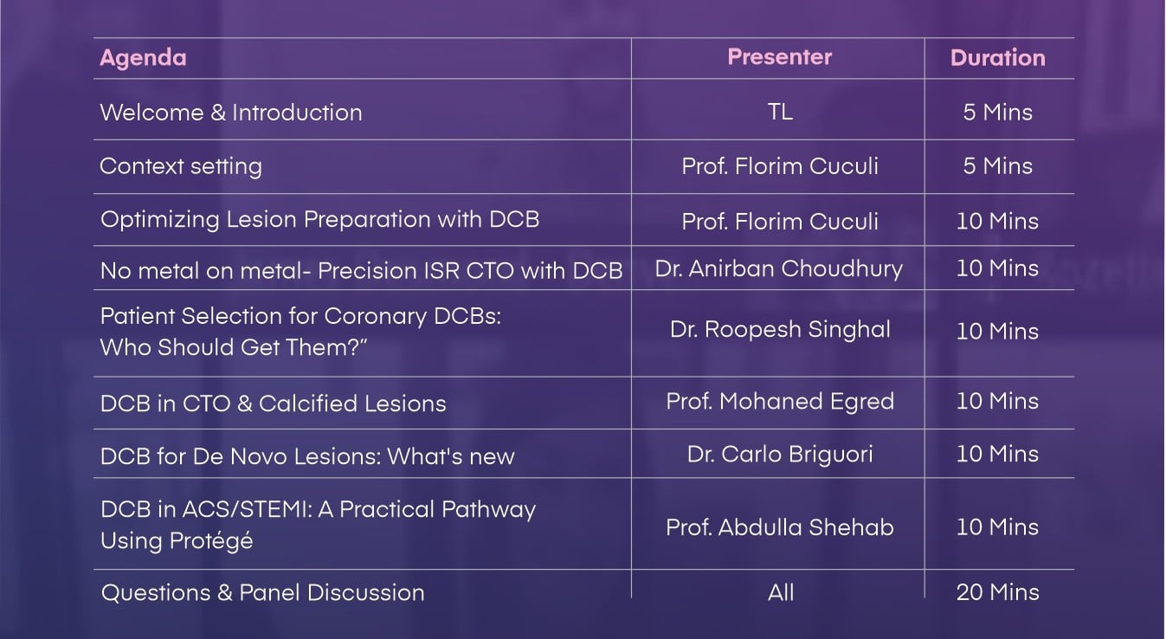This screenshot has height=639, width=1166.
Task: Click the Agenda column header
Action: click(143, 58)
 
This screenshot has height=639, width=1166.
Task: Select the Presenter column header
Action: click(779, 57)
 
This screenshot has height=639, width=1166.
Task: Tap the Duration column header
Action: click(998, 58)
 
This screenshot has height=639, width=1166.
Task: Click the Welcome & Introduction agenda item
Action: click(231, 113)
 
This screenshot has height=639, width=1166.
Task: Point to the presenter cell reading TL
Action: click(780, 112)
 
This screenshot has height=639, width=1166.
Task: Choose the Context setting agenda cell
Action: click(181, 166)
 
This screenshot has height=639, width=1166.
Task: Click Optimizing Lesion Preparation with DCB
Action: click(319, 219)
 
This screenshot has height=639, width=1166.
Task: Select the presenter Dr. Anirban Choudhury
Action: click(779, 268)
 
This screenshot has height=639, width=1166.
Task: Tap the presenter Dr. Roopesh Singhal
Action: click(780, 330)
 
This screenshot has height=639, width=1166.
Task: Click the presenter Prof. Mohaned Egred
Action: click(780, 402)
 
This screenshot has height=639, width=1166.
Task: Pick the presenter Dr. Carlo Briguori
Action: click(780, 454)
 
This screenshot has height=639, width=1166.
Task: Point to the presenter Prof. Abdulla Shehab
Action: click(780, 527)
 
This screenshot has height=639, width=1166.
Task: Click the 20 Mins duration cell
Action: click(998, 592)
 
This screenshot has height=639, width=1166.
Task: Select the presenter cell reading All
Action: click(781, 592)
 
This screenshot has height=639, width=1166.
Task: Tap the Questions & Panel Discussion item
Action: click(263, 593)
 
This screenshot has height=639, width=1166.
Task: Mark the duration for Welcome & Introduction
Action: click(998, 113)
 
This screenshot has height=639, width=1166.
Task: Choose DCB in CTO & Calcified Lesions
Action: click(274, 403)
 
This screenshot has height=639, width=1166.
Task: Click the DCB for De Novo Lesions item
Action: click(307, 456)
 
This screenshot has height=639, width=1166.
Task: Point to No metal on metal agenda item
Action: click(361, 271)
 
